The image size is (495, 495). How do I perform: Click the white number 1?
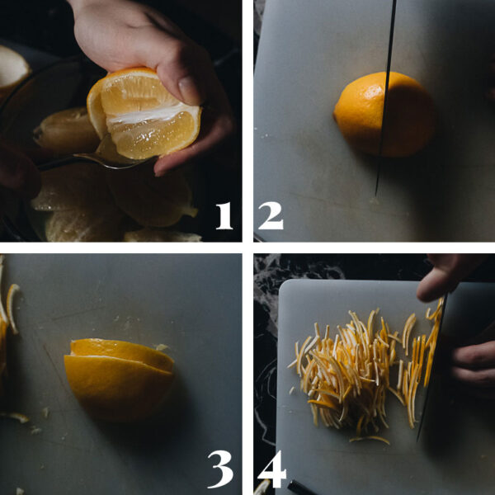(224, 215)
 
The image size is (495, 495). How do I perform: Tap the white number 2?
(270, 215)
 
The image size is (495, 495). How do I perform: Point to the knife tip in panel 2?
(378, 193)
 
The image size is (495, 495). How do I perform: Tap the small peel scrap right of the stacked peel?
(163, 348)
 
